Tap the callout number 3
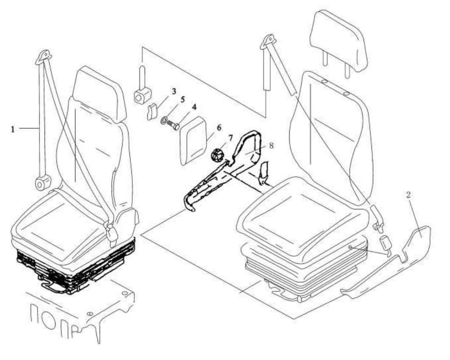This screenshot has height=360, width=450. (173, 91)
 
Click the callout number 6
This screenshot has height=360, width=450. (219, 127)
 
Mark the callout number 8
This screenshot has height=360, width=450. (271, 145)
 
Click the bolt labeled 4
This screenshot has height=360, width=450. (174, 126)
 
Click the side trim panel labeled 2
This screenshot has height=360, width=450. (418, 238)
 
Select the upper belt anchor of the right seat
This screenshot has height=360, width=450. (268, 42)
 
